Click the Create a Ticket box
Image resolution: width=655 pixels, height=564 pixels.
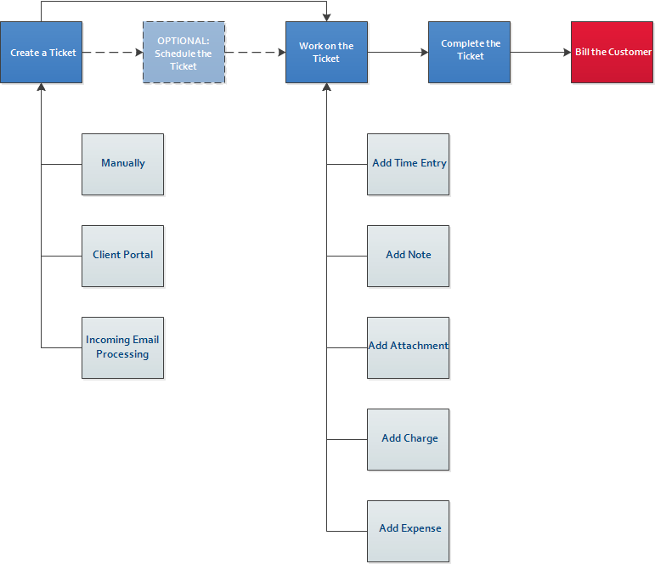pyautogui.click(x=42, y=53)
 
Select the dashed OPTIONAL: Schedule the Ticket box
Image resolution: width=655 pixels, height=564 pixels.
pyautogui.click(x=184, y=53)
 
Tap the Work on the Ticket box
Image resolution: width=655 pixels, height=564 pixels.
pyautogui.click(x=326, y=53)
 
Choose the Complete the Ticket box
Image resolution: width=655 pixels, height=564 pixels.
pyautogui.click(x=469, y=53)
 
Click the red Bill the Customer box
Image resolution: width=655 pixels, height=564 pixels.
pyautogui.click(x=612, y=53)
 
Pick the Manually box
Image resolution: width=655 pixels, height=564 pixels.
pyautogui.click(x=122, y=164)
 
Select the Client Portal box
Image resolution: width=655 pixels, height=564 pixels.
pyautogui.click(x=122, y=256)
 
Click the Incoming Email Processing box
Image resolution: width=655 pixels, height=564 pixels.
pyautogui.click(x=122, y=347)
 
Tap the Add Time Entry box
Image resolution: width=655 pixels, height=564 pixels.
pyautogui.click(x=408, y=164)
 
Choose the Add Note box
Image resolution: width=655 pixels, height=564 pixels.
pyautogui.click(x=408, y=256)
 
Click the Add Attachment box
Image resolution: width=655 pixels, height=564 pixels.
pyautogui.click(x=408, y=347)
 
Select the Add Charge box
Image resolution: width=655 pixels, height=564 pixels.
pyautogui.click(x=408, y=439)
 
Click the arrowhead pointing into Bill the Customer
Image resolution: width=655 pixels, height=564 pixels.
pyautogui.click(x=567, y=53)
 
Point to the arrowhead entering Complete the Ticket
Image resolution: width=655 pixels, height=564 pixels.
pyautogui.click(x=424, y=53)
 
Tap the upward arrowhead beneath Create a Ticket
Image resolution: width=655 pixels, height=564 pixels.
pyautogui.click(x=41, y=87)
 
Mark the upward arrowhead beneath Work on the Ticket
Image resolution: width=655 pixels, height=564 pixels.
pyautogui.click(x=326, y=87)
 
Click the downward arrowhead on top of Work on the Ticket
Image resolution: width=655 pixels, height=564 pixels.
pyautogui.click(x=326, y=17)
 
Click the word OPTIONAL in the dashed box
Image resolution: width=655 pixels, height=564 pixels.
pyautogui.click(x=184, y=40)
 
